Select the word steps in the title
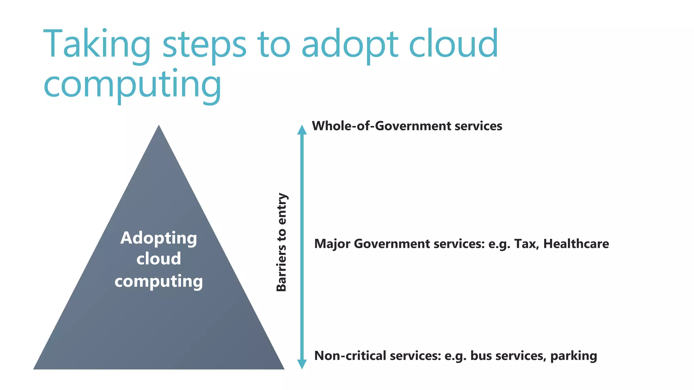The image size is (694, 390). tap(204, 46)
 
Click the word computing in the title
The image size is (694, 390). tap(132, 85)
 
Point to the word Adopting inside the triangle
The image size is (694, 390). tap(159, 238)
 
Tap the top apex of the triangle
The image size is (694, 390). tap(159, 127)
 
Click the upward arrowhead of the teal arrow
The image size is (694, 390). tap(302, 130)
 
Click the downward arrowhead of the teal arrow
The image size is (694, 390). tap(302, 364)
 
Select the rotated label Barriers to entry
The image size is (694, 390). tap(282, 242)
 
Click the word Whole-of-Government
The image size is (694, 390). tap(381, 126)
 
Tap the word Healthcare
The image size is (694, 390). tap(576, 244)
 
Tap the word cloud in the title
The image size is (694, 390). tap(453, 44)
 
